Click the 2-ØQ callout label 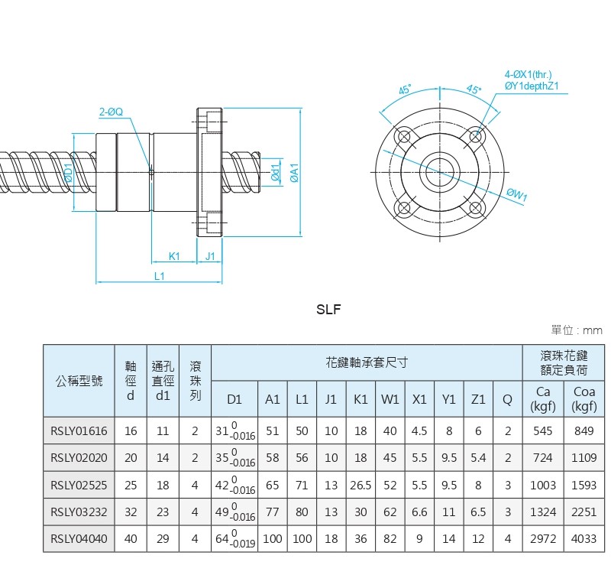tap(111, 112)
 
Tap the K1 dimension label tap(174, 256)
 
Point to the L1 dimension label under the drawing tap(159, 276)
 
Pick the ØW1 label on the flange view tap(517, 195)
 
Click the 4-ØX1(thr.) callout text tap(528, 74)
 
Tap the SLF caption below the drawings tap(328, 310)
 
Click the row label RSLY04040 tap(79, 538)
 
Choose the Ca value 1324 tap(543, 512)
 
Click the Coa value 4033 tap(584, 538)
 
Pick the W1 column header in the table tap(390, 398)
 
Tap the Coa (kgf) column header tap(584, 398)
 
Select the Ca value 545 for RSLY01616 tap(543, 430)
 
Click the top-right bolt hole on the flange tap(477, 136)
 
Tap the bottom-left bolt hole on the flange tap(402, 206)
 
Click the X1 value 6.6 tap(419, 512)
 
